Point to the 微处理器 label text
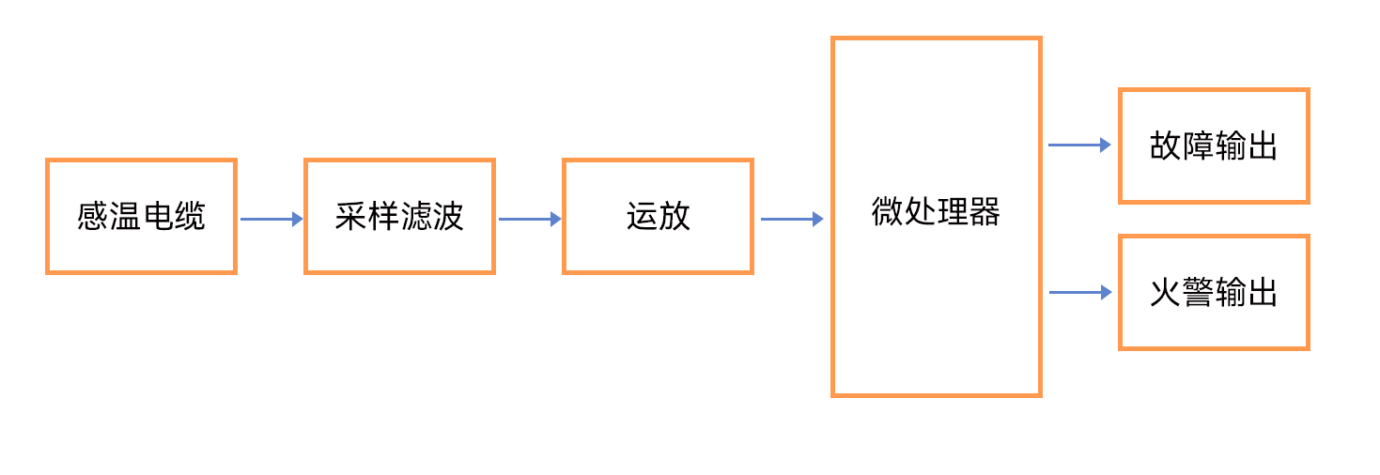936,211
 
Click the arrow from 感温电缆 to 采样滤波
271,219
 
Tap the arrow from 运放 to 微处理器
792,219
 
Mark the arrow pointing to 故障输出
1080,146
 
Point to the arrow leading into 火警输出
1080,292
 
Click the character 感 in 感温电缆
93,216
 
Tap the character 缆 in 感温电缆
190,216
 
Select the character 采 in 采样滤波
351,216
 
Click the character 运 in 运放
642,216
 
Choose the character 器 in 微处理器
985,211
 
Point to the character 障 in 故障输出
1198,146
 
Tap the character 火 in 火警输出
1166,292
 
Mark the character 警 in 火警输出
1198,292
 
